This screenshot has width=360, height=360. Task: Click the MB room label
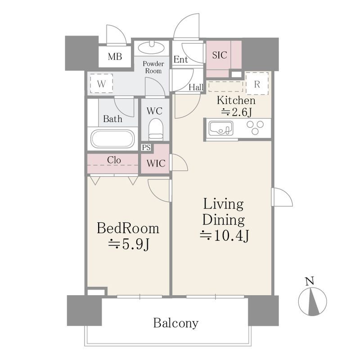click(115, 56)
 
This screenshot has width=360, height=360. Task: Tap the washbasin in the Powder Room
click(151, 48)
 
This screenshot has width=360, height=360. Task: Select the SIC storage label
click(220, 55)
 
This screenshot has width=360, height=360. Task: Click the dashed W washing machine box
click(101, 83)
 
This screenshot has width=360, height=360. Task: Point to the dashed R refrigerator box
click(257, 83)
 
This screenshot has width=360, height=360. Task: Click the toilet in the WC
click(156, 129)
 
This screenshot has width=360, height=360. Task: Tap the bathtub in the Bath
click(112, 139)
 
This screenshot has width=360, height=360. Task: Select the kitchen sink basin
click(220, 129)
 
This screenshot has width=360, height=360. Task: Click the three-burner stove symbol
click(255, 127)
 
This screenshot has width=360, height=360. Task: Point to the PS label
click(146, 148)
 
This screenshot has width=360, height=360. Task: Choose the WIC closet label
click(156, 163)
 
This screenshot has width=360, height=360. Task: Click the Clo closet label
click(114, 160)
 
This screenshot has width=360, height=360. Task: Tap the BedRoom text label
click(128, 228)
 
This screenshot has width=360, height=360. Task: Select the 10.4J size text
click(225, 235)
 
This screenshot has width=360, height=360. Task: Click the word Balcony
click(175, 323)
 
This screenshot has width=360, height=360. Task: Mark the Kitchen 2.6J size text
click(236, 112)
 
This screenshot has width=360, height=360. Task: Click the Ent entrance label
click(180, 60)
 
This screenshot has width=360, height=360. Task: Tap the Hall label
click(196, 87)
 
